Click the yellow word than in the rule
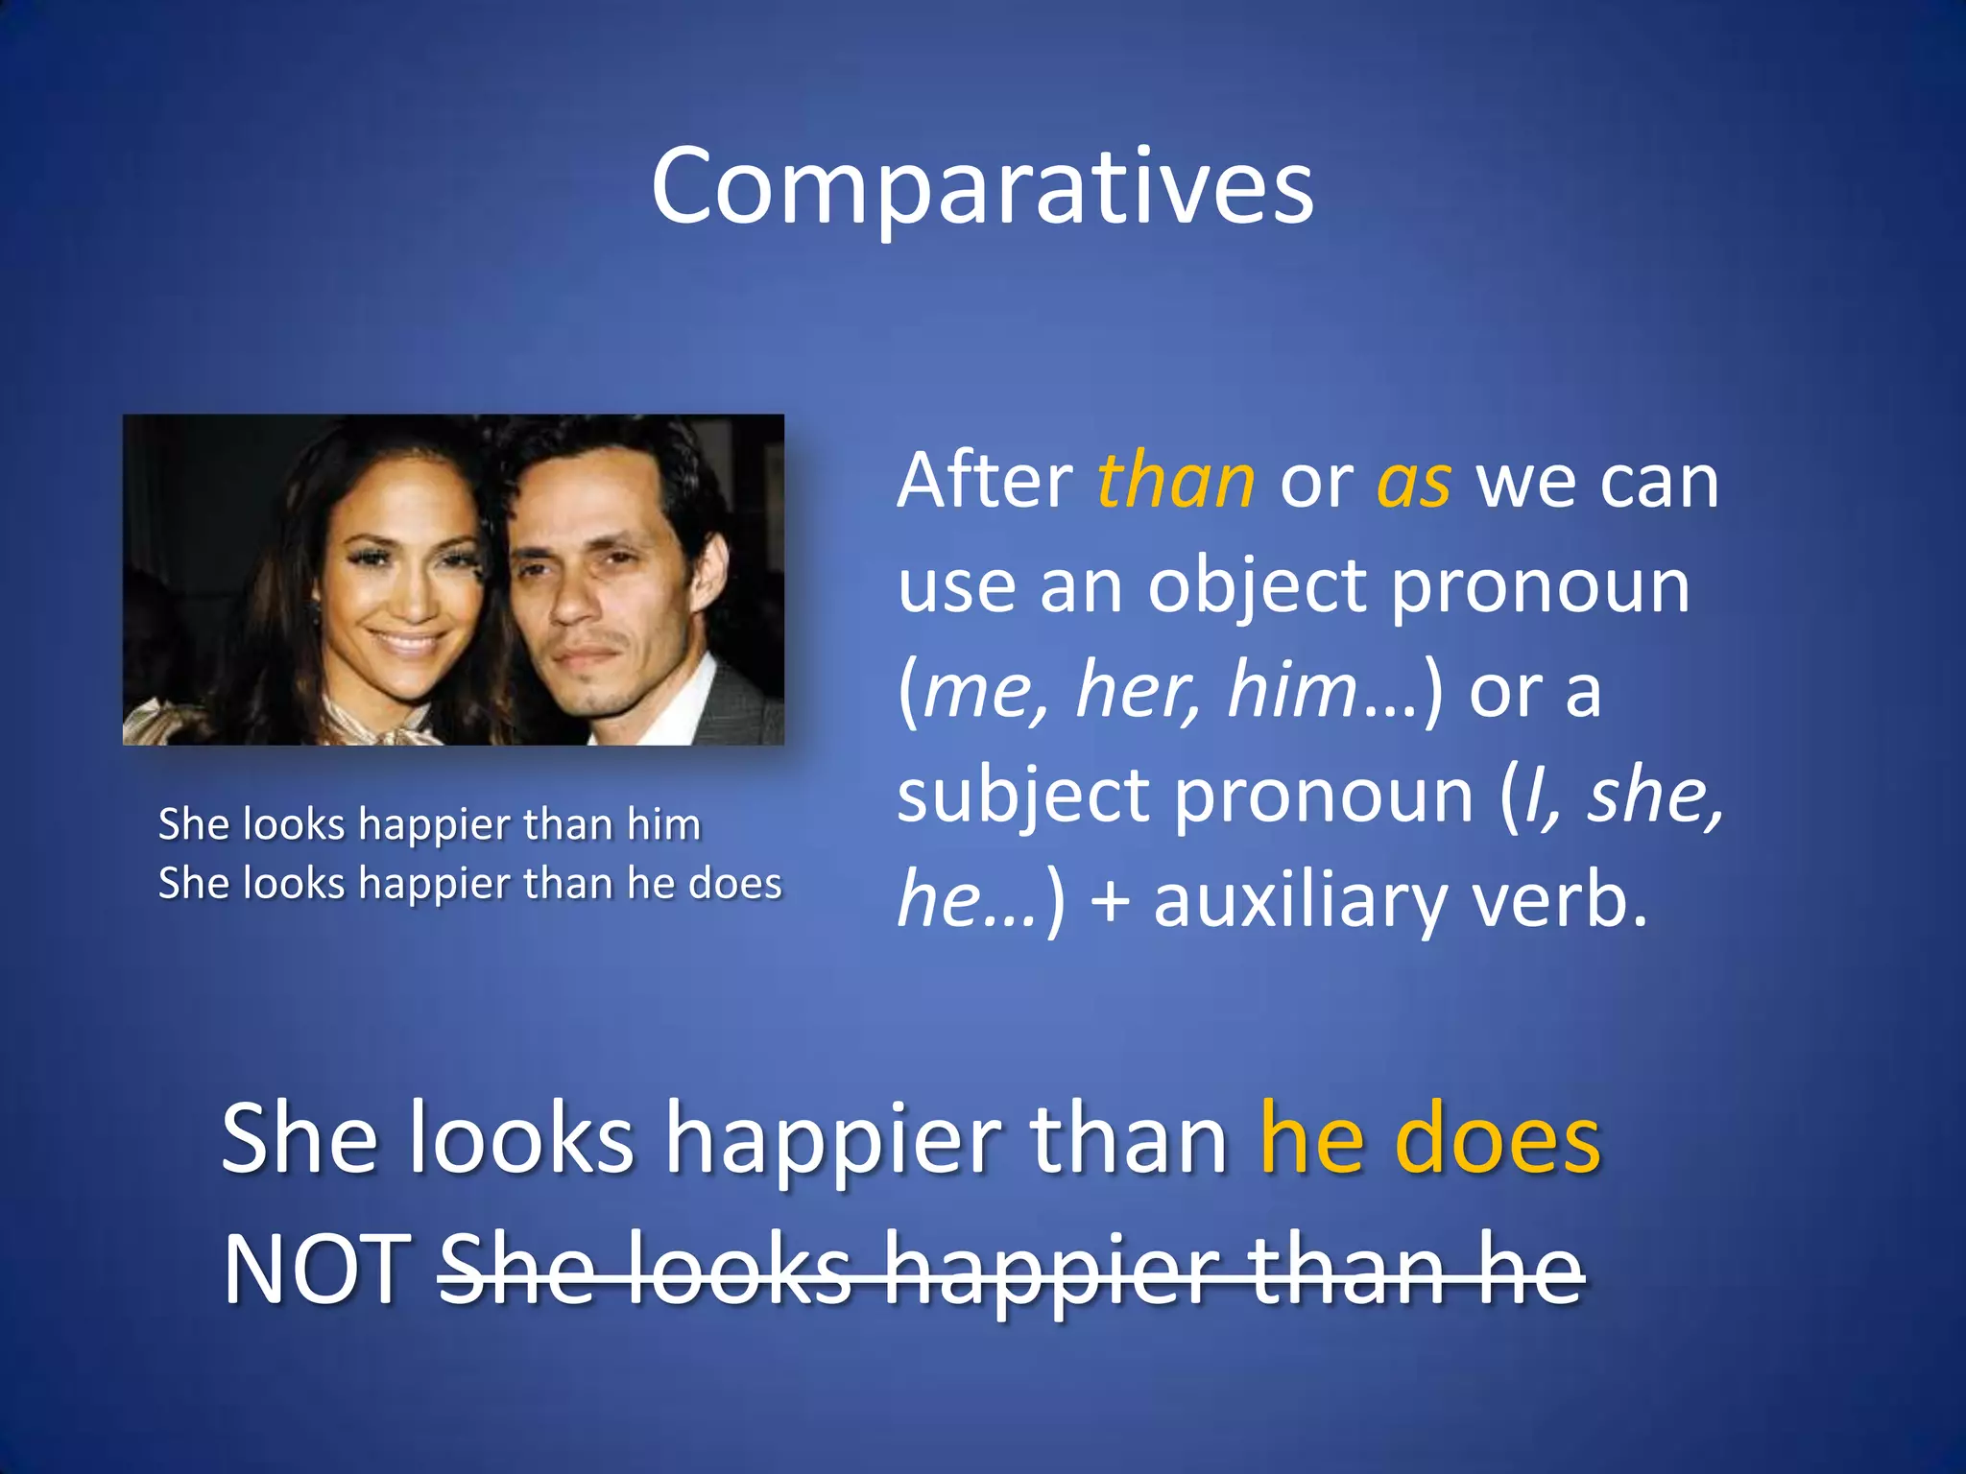tap(1176, 482)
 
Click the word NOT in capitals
tap(318, 1270)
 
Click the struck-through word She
tap(515, 1270)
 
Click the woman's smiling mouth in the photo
tap(408, 641)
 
